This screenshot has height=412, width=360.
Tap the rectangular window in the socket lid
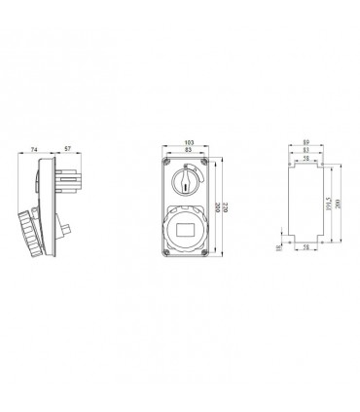188,231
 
